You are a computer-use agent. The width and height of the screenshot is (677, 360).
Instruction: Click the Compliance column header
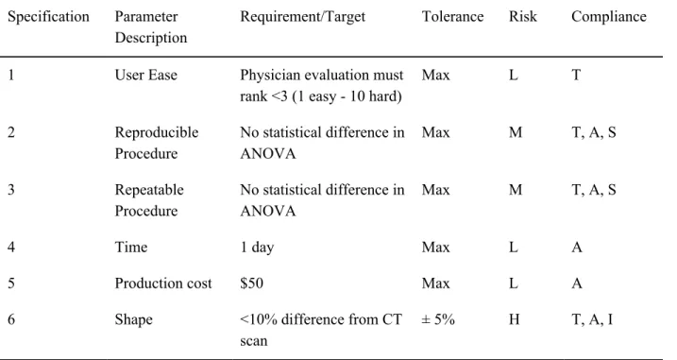609,17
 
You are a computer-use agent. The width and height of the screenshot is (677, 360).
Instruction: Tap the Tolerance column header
452,16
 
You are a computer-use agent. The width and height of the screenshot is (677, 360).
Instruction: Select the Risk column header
522,16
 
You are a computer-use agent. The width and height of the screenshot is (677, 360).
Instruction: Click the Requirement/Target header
303,17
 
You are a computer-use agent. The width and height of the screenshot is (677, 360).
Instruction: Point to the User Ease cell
146,75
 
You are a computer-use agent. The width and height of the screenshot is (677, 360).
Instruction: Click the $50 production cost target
252,283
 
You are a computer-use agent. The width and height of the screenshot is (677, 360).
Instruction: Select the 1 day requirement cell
257,248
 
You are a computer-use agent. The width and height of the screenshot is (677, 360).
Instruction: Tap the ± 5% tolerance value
438,319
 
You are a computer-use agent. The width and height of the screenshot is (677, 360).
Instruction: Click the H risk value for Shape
515,319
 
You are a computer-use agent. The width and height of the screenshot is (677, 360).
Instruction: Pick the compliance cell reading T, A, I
592,319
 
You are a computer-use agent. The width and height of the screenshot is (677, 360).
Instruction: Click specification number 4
11,248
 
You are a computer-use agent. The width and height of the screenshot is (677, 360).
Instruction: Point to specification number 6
11,319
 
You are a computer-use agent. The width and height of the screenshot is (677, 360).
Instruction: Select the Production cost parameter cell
163,283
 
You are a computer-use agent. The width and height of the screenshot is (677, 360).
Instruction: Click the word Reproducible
157,132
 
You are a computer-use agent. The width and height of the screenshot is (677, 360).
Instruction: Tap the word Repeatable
149,190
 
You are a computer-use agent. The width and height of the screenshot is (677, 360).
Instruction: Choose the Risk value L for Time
514,248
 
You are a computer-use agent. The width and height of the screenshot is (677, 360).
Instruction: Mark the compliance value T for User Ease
576,75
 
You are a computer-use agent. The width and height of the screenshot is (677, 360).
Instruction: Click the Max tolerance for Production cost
435,283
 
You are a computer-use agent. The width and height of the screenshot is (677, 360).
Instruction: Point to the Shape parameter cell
133,319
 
